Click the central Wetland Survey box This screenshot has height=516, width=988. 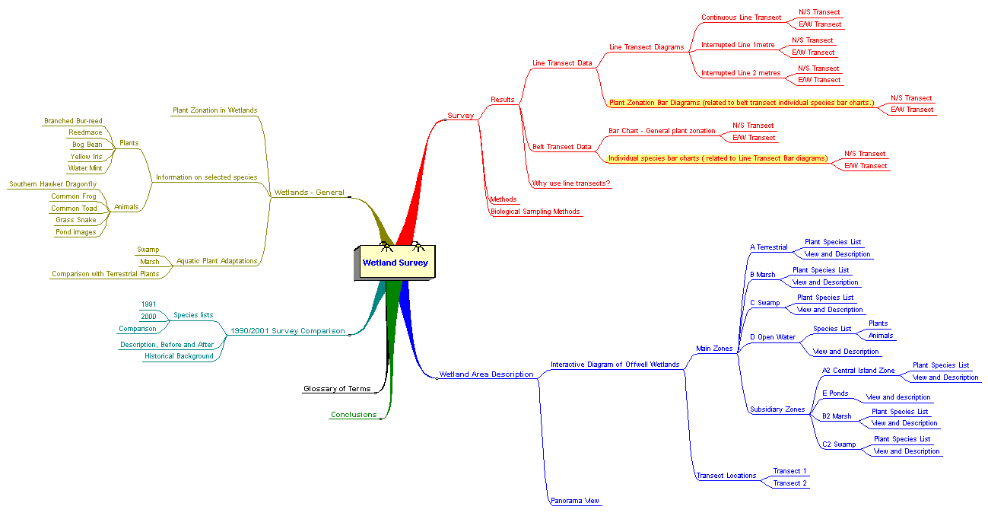[x=395, y=263]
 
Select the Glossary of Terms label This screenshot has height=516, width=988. [x=337, y=389]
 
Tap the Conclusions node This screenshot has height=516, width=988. [x=354, y=415]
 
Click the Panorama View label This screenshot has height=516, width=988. [x=575, y=501]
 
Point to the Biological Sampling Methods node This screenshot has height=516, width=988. [x=535, y=212]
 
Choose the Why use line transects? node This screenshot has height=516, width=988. [x=571, y=183]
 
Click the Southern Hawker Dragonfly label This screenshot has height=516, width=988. [x=52, y=184]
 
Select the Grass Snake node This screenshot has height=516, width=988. [x=76, y=220]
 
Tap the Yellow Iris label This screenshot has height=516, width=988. [x=86, y=157]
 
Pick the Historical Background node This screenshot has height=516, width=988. [x=179, y=356]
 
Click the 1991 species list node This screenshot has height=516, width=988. [x=149, y=304]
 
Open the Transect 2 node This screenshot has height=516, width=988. [x=789, y=483]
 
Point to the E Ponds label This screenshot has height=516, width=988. [x=835, y=393]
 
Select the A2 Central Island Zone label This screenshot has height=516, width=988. [x=858, y=371]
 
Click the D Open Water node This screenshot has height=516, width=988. [x=773, y=337]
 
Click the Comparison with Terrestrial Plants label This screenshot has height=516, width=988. [x=106, y=274]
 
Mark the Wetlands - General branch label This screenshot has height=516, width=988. [x=310, y=193]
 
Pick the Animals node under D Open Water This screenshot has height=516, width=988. [x=881, y=336]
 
